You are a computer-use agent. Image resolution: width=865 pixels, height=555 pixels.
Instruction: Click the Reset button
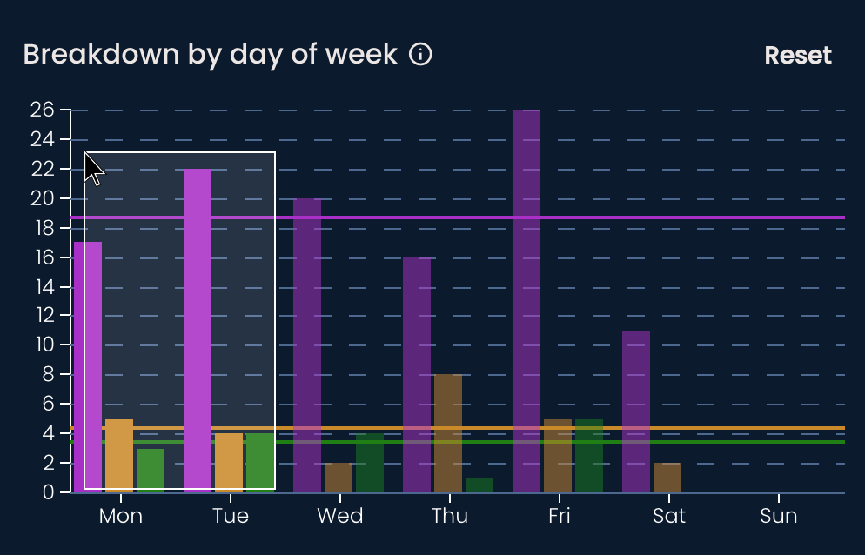click(x=797, y=56)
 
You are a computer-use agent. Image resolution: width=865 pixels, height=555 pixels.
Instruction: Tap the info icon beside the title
click(x=420, y=55)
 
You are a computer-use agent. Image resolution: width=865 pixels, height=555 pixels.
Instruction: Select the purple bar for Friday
click(x=526, y=300)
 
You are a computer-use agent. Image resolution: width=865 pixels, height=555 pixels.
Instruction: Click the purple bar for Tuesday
click(x=198, y=331)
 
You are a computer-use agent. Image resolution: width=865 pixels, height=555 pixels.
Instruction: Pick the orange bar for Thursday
click(x=448, y=433)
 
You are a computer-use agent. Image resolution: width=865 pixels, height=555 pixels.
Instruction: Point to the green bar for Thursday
click(x=479, y=485)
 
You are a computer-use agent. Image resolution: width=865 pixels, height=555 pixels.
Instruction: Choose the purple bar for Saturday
click(x=636, y=411)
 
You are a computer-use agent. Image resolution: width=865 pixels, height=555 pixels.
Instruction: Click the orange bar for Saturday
click(x=667, y=478)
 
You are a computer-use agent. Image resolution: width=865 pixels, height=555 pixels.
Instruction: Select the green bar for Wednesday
click(x=370, y=463)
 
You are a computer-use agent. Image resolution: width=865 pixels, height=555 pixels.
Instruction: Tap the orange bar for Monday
click(x=119, y=456)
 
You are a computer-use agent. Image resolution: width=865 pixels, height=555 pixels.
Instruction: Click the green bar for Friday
click(x=589, y=456)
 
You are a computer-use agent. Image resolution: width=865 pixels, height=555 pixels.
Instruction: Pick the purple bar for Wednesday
click(x=307, y=344)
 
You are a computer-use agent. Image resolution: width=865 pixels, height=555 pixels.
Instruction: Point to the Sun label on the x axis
click(x=778, y=516)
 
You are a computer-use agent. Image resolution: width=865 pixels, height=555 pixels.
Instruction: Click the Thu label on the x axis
click(x=449, y=516)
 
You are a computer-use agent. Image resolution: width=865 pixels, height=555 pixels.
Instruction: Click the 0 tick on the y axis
click(x=50, y=492)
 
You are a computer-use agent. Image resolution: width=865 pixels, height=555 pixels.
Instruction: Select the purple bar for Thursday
click(x=417, y=374)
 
